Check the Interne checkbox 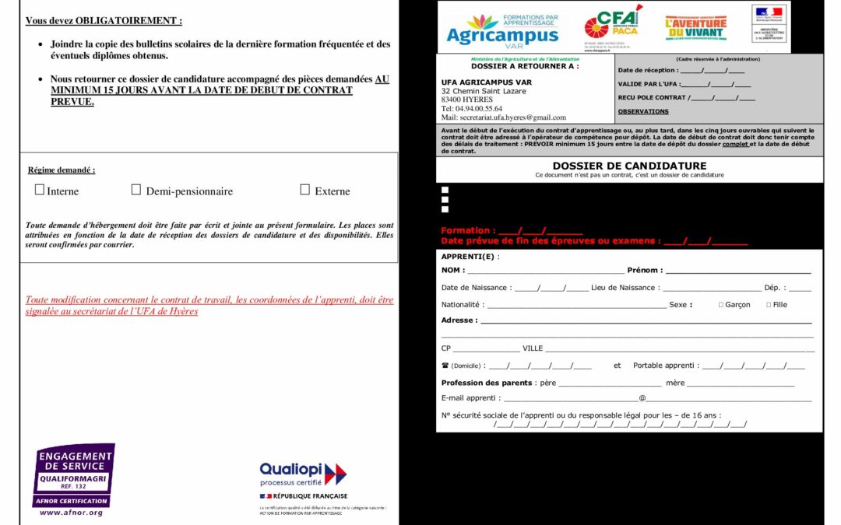[40, 190]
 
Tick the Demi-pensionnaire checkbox [136, 190]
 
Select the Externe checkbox [305, 190]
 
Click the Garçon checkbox [721, 305]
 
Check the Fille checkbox [769, 305]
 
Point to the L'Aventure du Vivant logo [695, 28]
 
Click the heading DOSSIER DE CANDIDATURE [629, 166]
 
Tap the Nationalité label [462, 305]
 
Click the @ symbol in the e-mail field [642, 398]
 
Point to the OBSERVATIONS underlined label [643, 111]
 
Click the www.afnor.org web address [71, 513]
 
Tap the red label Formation [467, 230]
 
